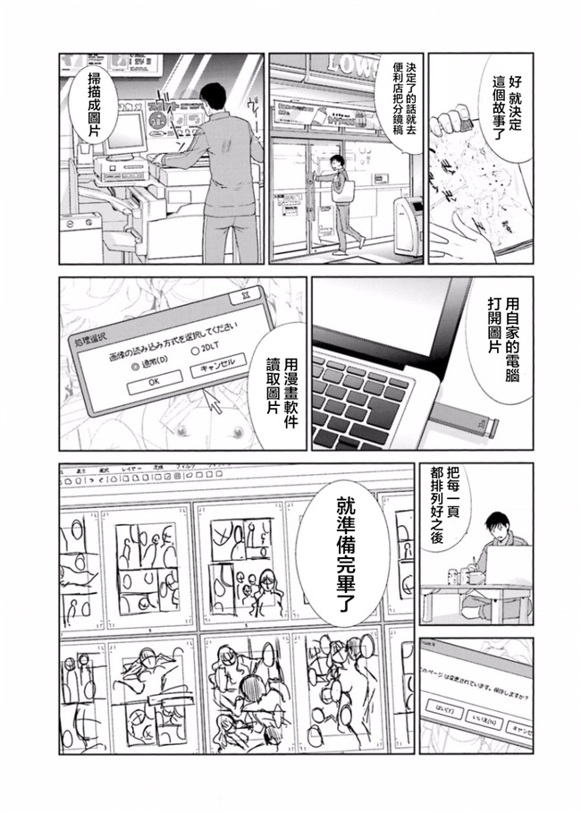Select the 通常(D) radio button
[136, 365]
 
